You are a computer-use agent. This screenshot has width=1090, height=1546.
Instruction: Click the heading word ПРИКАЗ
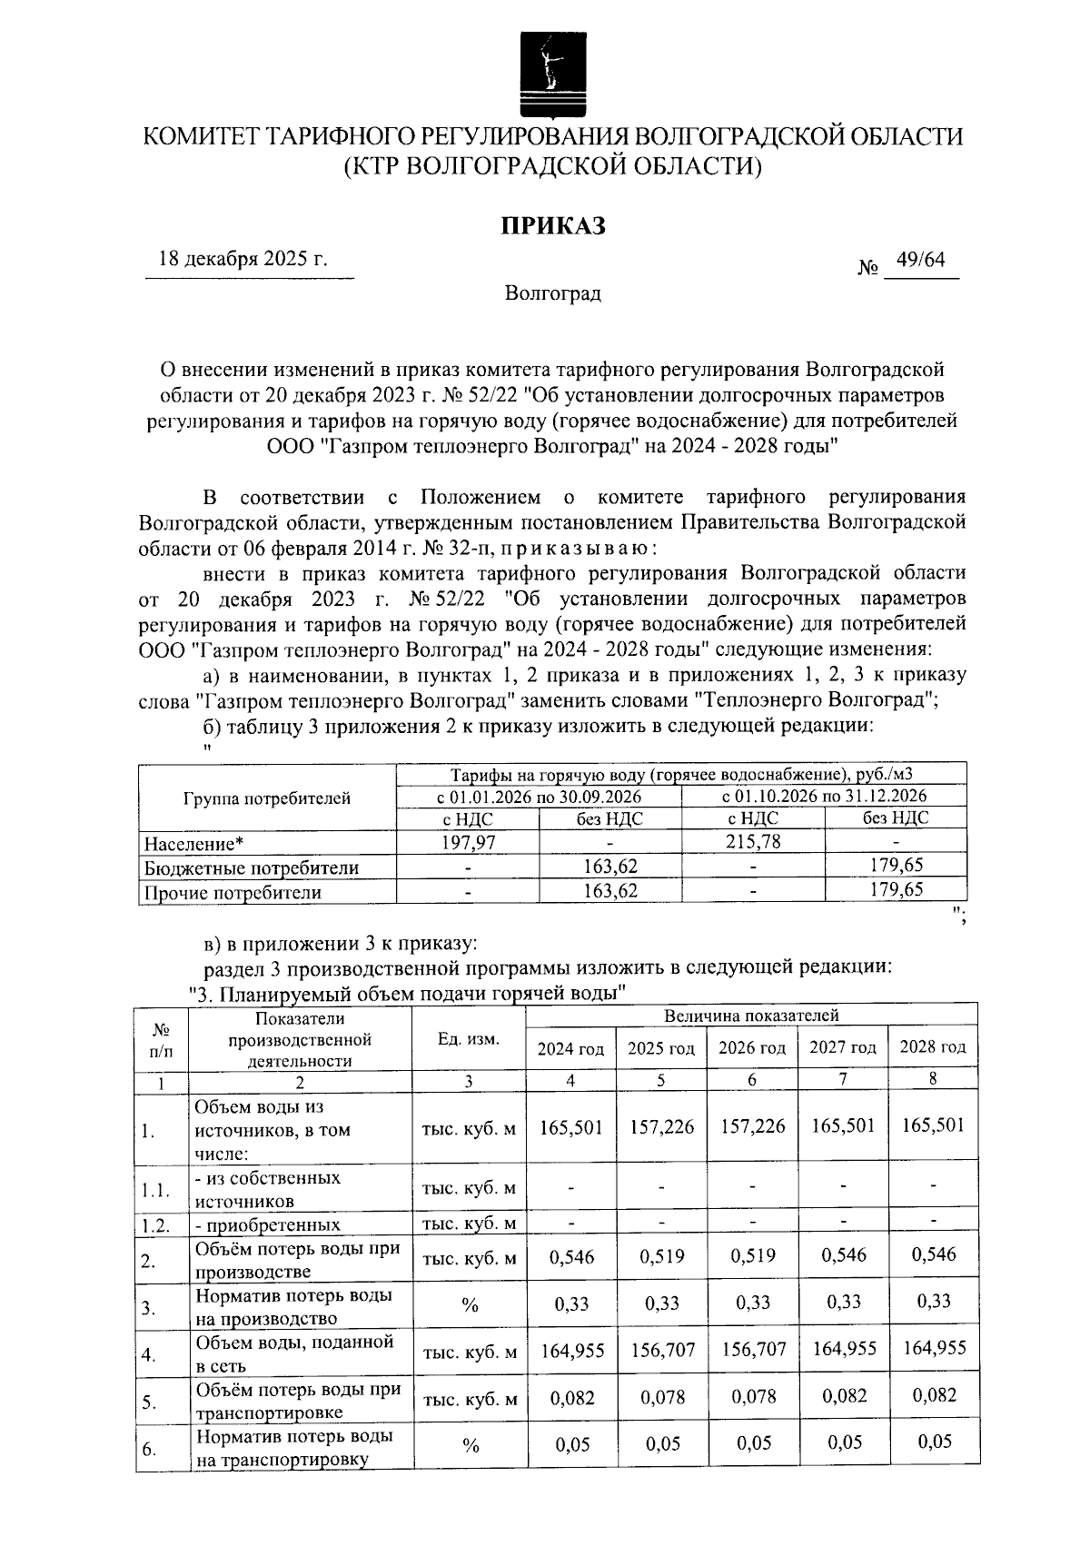(x=554, y=226)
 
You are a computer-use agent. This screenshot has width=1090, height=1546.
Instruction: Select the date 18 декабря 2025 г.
(x=243, y=259)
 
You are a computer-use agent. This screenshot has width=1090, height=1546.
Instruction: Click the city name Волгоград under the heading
(x=553, y=294)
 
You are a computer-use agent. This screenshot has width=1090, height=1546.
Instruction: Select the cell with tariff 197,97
(x=468, y=842)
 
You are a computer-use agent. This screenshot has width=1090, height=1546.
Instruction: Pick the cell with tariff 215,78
(x=753, y=842)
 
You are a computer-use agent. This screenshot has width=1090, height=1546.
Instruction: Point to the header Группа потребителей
(x=267, y=798)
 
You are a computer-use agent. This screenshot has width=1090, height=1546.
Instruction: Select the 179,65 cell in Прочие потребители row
(x=896, y=890)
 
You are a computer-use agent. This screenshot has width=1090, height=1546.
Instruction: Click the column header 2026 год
(x=752, y=1048)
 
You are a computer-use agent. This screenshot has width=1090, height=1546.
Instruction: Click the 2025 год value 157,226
(x=661, y=1127)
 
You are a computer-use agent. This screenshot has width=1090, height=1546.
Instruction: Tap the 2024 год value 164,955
(x=572, y=1351)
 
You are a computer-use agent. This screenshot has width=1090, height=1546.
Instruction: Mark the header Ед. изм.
(x=469, y=1039)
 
